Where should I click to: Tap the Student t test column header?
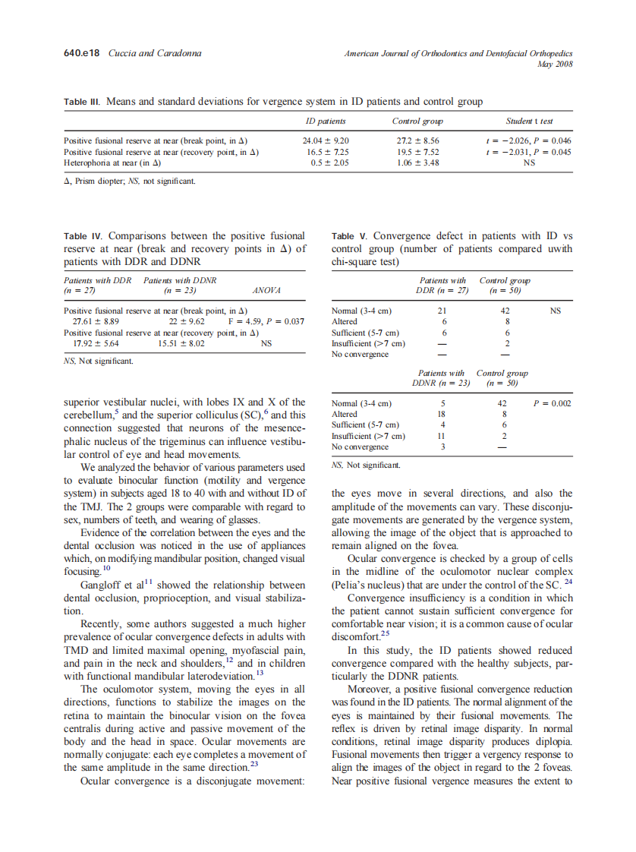529,121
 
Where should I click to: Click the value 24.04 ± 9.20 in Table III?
326,140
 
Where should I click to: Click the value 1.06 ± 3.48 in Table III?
417,163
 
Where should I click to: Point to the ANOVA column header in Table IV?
266,290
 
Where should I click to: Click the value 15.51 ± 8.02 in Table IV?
181,343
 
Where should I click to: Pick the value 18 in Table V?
443,414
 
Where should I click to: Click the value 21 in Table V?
443,311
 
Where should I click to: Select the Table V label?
351,236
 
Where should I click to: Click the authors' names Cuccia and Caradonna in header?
155,53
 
